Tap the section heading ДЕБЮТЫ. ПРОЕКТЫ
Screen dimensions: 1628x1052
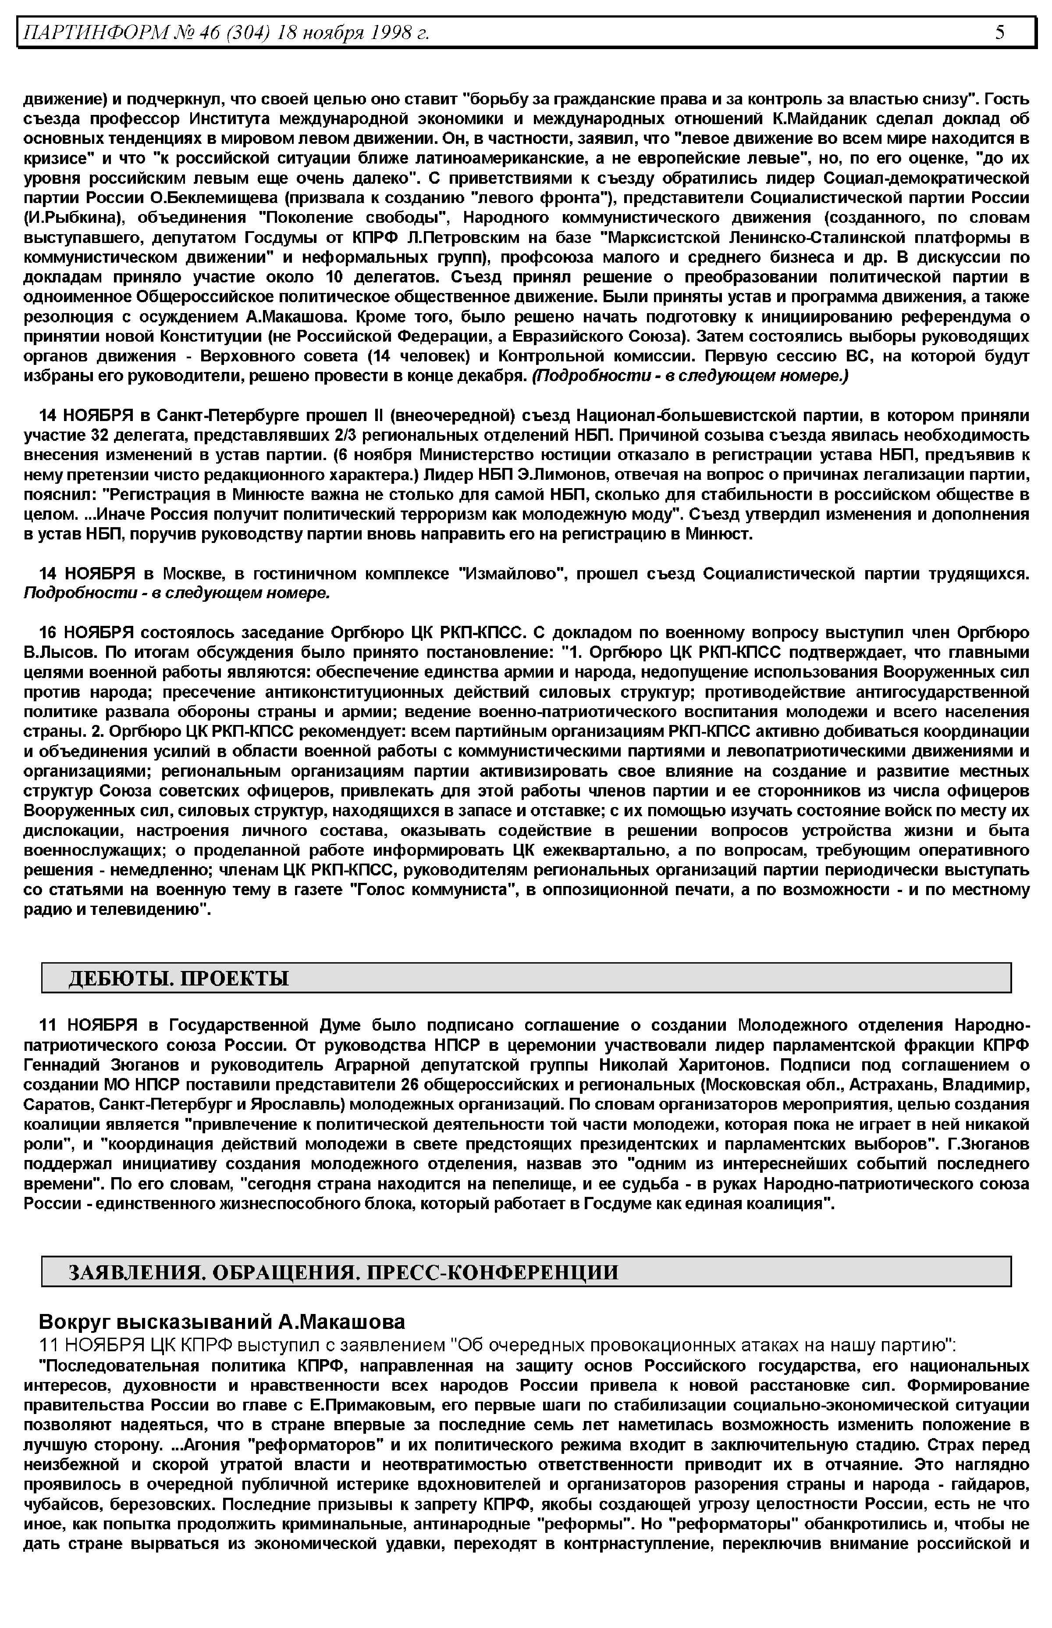tap(178, 978)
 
